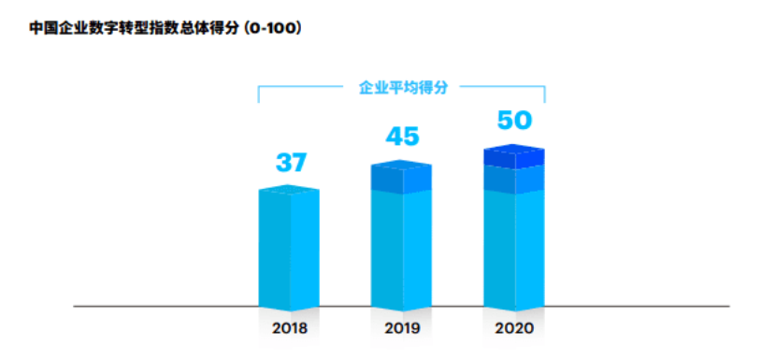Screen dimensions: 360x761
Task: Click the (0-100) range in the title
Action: (271, 28)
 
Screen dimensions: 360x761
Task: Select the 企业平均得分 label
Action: (403, 87)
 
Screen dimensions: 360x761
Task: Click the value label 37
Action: (290, 162)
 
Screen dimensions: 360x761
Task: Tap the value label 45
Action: (402, 137)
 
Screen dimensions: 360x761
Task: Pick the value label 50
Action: (513, 121)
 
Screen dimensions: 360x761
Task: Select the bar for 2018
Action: (289, 249)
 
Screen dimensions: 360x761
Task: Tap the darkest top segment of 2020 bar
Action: (513, 157)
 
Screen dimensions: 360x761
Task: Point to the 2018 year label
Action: (289, 329)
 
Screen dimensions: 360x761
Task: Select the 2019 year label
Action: (402, 329)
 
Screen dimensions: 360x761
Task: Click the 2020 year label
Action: (513, 329)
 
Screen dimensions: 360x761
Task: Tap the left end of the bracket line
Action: (259, 94)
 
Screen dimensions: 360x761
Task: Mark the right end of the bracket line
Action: (544, 94)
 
